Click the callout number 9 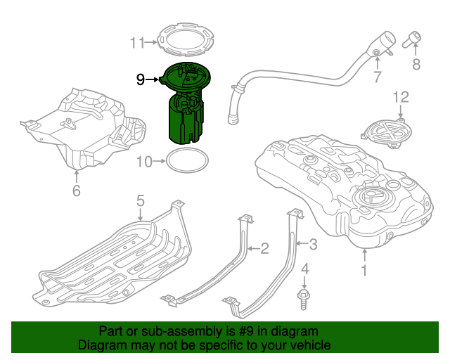click(141, 80)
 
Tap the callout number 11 click(136, 43)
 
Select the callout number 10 click(143, 162)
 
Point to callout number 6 click(77, 190)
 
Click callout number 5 click(140, 201)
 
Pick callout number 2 click(264, 247)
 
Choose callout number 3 click(314, 245)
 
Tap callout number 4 click(304, 269)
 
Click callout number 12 click(400, 96)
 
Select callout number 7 click(378, 76)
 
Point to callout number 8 click(416, 65)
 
